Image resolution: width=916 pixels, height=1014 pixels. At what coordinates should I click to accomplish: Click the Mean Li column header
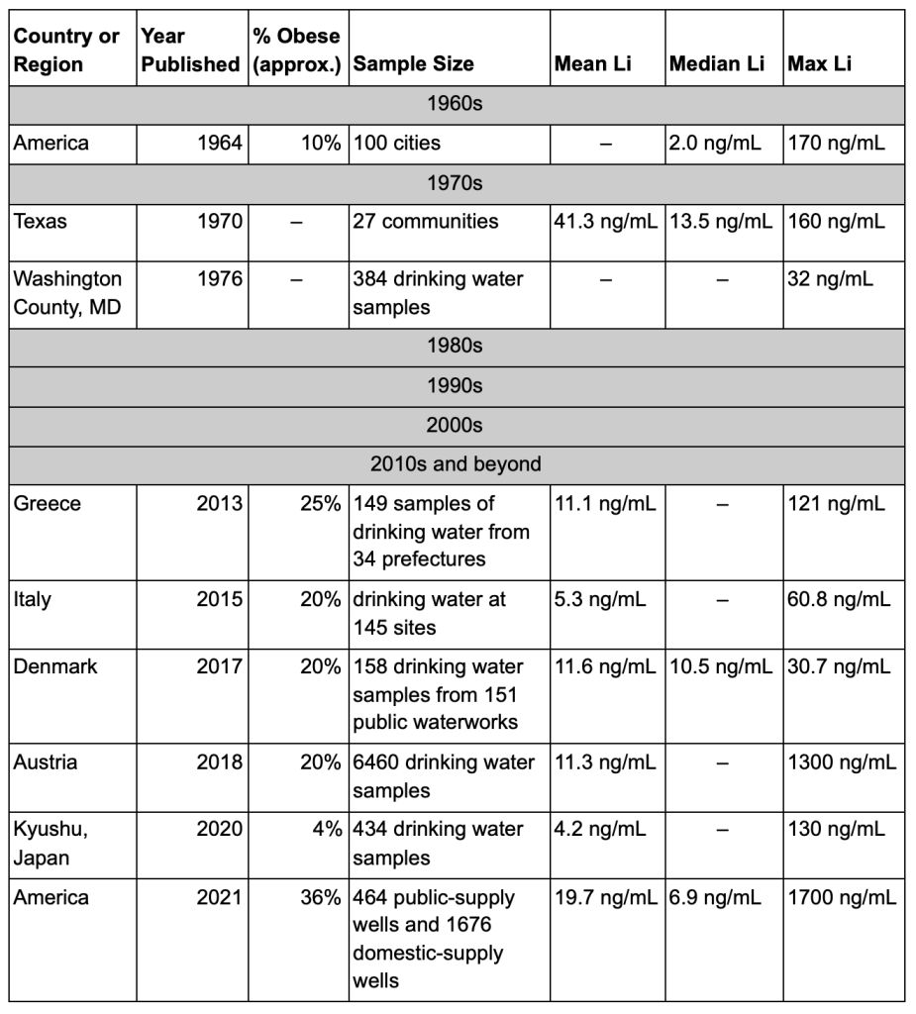coord(592,64)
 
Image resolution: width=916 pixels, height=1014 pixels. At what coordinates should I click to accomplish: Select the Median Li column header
coord(718,64)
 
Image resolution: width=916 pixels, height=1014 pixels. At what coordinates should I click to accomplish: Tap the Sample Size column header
coord(413,64)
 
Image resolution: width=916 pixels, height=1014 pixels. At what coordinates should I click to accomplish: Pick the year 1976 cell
coord(220,279)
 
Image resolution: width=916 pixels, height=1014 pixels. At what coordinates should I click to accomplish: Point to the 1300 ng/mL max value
coord(842,762)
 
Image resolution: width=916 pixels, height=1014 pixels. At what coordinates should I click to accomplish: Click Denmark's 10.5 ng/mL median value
coord(721,666)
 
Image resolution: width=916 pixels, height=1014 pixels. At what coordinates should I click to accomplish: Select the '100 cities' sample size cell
coord(397,143)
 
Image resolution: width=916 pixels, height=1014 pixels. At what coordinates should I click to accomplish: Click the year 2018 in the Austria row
coord(220,762)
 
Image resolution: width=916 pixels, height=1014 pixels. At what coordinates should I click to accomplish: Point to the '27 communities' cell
coord(426,221)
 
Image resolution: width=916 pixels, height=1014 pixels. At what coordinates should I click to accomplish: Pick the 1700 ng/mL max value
coord(842,898)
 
